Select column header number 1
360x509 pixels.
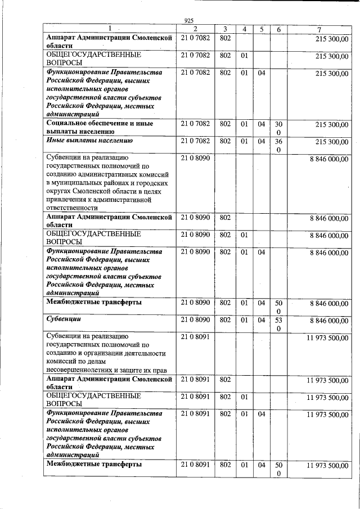click(110, 29)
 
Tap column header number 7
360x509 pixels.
click(319, 29)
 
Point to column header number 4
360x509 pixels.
click(244, 29)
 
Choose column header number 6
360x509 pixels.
click(278, 29)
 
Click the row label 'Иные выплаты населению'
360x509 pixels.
click(90, 141)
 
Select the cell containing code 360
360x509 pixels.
click(278, 145)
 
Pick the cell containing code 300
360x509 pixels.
click(278, 128)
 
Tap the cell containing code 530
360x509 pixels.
click(278, 324)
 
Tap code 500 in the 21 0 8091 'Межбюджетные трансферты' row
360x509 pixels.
click(278, 469)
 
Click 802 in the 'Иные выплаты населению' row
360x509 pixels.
click(225, 141)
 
